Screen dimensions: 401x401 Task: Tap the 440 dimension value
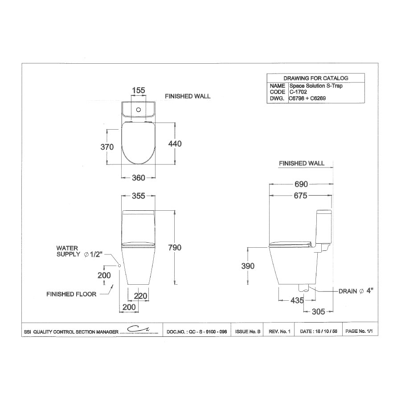pos(174,143)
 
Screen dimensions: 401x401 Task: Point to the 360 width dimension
pos(138,178)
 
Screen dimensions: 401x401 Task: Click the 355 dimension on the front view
pos(138,196)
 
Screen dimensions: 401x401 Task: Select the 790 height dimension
pos(174,247)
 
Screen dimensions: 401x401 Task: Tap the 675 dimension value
pos(301,195)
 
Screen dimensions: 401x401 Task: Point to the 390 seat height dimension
pos(248,266)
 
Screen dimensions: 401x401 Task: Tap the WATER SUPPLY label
pos(67,251)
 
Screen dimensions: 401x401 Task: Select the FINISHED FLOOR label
pos(71,294)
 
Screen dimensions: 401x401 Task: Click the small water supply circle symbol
pos(120,266)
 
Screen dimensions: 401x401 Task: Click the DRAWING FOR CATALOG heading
pos(315,78)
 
